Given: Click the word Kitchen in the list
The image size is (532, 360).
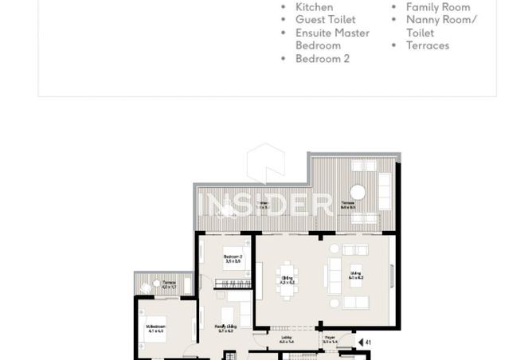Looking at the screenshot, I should tap(314, 7).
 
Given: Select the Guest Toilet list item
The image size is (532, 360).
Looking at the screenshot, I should tap(325, 20).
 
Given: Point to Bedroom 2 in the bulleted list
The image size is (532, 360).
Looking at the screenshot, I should tap(322, 59).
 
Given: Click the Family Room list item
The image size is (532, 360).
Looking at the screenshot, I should tap(437, 7).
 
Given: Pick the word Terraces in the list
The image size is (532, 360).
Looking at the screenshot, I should tap(428, 45).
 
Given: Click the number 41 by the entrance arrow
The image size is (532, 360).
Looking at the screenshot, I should tap(368, 343).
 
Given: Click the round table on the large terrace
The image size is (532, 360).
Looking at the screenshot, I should tap(358, 192).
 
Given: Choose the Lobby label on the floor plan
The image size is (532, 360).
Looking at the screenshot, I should tap(287, 339).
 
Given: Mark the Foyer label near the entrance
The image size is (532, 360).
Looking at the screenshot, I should tap(330, 339).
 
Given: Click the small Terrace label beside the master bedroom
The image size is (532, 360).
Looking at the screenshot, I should tap(169, 284).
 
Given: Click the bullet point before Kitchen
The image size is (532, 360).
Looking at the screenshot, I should tap(284, 7).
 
